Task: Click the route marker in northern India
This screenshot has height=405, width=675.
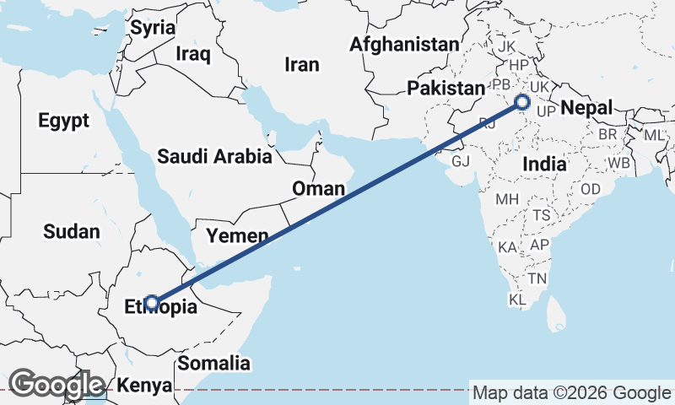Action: (522, 103)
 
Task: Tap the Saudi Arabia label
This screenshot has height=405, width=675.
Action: (214, 156)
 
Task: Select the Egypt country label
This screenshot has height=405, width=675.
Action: (63, 121)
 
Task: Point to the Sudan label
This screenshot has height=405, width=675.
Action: (72, 231)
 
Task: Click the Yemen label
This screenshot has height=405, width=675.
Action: (238, 235)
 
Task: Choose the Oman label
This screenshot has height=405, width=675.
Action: (318, 188)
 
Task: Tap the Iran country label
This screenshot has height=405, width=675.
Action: (302, 64)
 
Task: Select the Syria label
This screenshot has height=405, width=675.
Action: (153, 27)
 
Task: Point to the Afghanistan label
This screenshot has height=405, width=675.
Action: (406, 44)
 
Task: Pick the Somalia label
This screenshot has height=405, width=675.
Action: (213, 364)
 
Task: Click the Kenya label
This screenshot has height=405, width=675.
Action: (144, 386)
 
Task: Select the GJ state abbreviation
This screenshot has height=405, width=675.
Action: (461, 160)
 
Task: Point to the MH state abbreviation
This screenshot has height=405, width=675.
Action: (507, 200)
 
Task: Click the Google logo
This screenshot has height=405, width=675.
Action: (57, 384)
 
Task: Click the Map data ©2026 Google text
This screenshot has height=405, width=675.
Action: (570, 392)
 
